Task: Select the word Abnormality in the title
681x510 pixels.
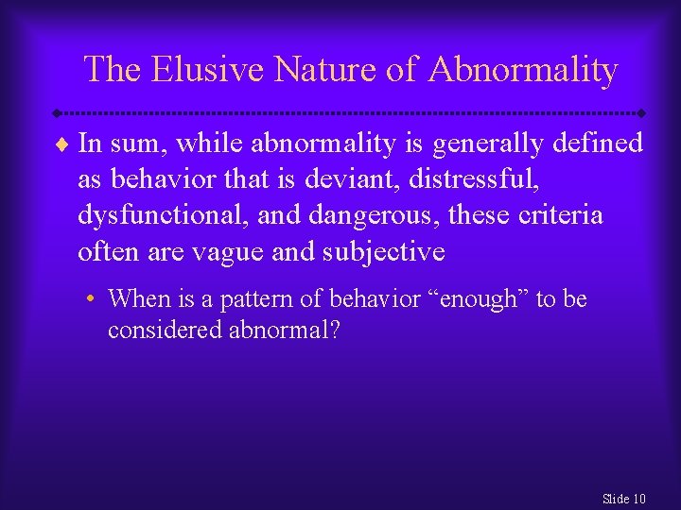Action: pyautogui.click(x=524, y=70)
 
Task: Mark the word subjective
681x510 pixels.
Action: pyautogui.click(x=385, y=251)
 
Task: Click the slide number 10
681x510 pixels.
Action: pyautogui.click(x=638, y=499)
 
